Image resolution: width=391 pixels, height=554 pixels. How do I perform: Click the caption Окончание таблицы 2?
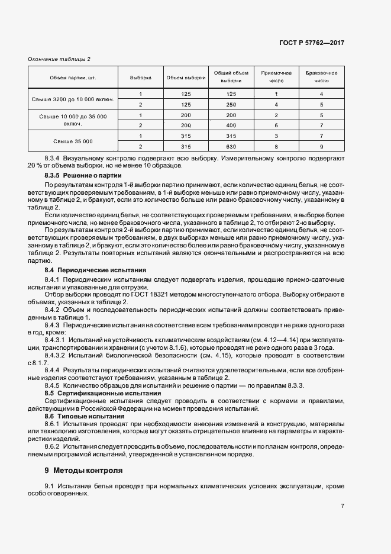(59, 59)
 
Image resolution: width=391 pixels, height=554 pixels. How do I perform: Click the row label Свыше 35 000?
(72, 141)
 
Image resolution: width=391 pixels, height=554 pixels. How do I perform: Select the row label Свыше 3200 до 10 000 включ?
(72, 99)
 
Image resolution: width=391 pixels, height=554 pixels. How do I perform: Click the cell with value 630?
(231, 146)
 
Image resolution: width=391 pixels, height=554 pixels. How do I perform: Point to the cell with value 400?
(231, 125)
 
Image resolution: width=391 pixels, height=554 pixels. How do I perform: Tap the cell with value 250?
(231, 104)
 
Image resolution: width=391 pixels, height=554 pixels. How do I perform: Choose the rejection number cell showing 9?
(321, 146)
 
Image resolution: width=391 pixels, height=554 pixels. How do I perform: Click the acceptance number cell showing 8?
(276, 146)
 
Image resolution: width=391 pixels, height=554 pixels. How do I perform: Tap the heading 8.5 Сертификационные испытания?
(94, 393)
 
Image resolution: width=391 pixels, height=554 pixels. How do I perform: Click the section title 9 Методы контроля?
(83, 471)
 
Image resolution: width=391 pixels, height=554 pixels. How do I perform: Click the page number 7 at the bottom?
(342, 505)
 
